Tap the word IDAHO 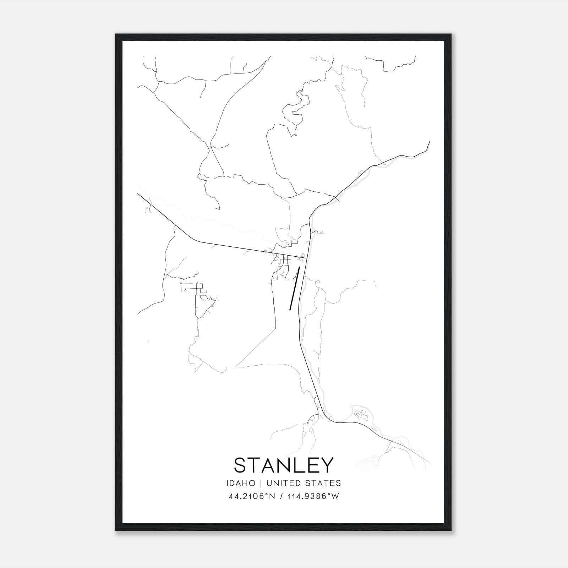(240, 483)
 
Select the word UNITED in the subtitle (283, 483)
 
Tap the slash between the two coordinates (281, 496)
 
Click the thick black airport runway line (295, 288)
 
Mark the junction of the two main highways (307, 258)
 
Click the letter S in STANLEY (240, 465)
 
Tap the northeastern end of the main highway (429, 142)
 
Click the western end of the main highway (138, 194)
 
